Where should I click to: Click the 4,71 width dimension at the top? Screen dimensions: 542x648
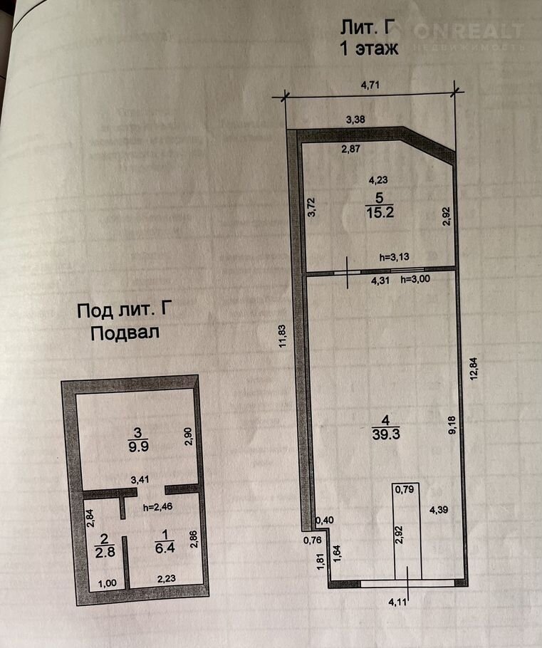pyautogui.click(x=370, y=85)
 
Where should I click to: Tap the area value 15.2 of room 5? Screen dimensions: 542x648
pyautogui.click(x=380, y=213)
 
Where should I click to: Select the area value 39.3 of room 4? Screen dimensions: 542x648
pyautogui.click(x=386, y=434)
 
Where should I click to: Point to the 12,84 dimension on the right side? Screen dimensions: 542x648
pyautogui.click(x=474, y=368)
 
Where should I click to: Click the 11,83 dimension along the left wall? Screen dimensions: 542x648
pyautogui.click(x=282, y=336)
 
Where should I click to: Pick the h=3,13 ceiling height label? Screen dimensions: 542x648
pyautogui.click(x=394, y=256)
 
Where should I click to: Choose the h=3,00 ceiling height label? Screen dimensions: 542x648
pyautogui.click(x=415, y=279)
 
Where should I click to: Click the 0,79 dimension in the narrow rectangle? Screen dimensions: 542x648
pyautogui.click(x=405, y=490)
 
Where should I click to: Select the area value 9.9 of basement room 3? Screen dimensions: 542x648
pyautogui.click(x=138, y=446)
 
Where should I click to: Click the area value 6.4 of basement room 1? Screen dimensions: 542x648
pyautogui.click(x=165, y=548)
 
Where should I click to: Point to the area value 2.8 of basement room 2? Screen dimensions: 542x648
pyautogui.click(x=105, y=552)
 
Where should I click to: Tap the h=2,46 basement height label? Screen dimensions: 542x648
pyautogui.click(x=157, y=507)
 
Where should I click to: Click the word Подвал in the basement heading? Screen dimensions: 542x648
pyautogui.click(x=125, y=333)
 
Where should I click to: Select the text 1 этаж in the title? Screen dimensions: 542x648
pyautogui.click(x=369, y=48)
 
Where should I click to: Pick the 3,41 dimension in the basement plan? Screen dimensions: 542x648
pyautogui.click(x=140, y=480)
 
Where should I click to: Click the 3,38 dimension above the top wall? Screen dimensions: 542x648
pyautogui.click(x=355, y=120)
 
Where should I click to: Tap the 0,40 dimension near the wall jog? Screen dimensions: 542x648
pyautogui.click(x=325, y=521)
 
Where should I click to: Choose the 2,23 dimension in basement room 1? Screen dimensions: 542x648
pyautogui.click(x=167, y=579)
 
